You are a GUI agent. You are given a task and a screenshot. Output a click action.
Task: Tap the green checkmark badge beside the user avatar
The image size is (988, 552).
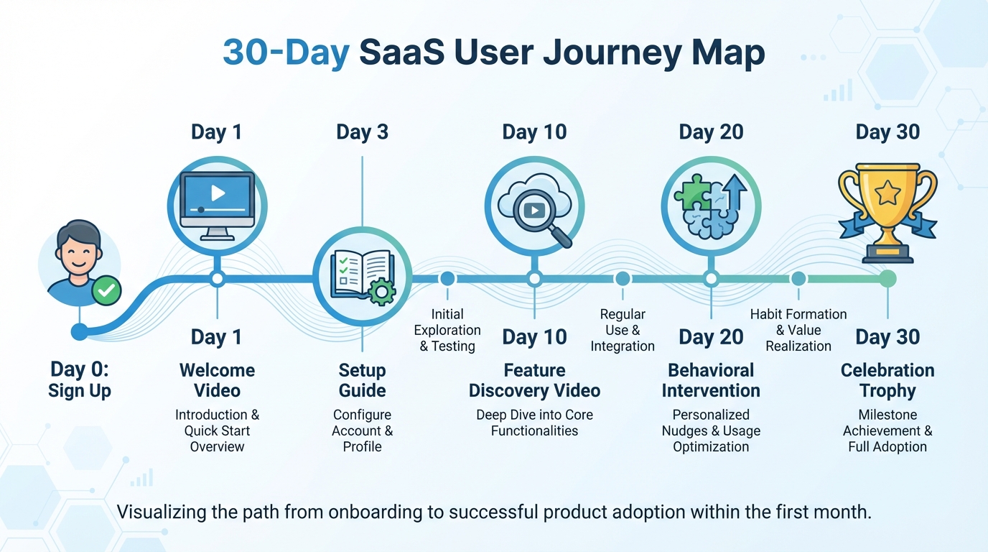(x=107, y=290)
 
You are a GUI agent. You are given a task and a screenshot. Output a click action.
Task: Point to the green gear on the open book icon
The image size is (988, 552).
(x=381, y=291)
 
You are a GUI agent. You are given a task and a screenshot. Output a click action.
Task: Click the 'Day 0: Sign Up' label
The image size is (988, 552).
(x=80, y=380)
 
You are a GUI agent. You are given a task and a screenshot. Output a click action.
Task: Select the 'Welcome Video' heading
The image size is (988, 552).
(x=217, y=380)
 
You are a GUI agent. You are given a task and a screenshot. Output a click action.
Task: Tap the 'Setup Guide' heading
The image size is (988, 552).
(x=362, y=380)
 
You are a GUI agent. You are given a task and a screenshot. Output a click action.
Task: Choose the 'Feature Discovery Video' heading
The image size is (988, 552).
(x=534, y=380)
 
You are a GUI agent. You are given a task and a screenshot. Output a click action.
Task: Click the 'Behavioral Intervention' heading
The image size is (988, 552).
(x=711, y=380)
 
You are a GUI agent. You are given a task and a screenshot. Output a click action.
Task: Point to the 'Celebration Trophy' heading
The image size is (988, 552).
(x=887, y=380)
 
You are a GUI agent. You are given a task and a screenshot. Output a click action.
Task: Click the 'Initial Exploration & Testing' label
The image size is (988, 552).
(x=447, y=330)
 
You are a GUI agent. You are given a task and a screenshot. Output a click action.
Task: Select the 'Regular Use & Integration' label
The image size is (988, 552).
(x=623, y=330)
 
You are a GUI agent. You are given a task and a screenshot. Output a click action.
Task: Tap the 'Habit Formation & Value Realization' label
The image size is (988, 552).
(x=798, y=330)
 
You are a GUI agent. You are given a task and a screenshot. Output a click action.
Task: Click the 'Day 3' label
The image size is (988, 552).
(x=362, y=132)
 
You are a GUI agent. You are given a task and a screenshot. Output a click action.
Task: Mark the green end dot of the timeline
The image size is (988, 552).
(x=887, y=279)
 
